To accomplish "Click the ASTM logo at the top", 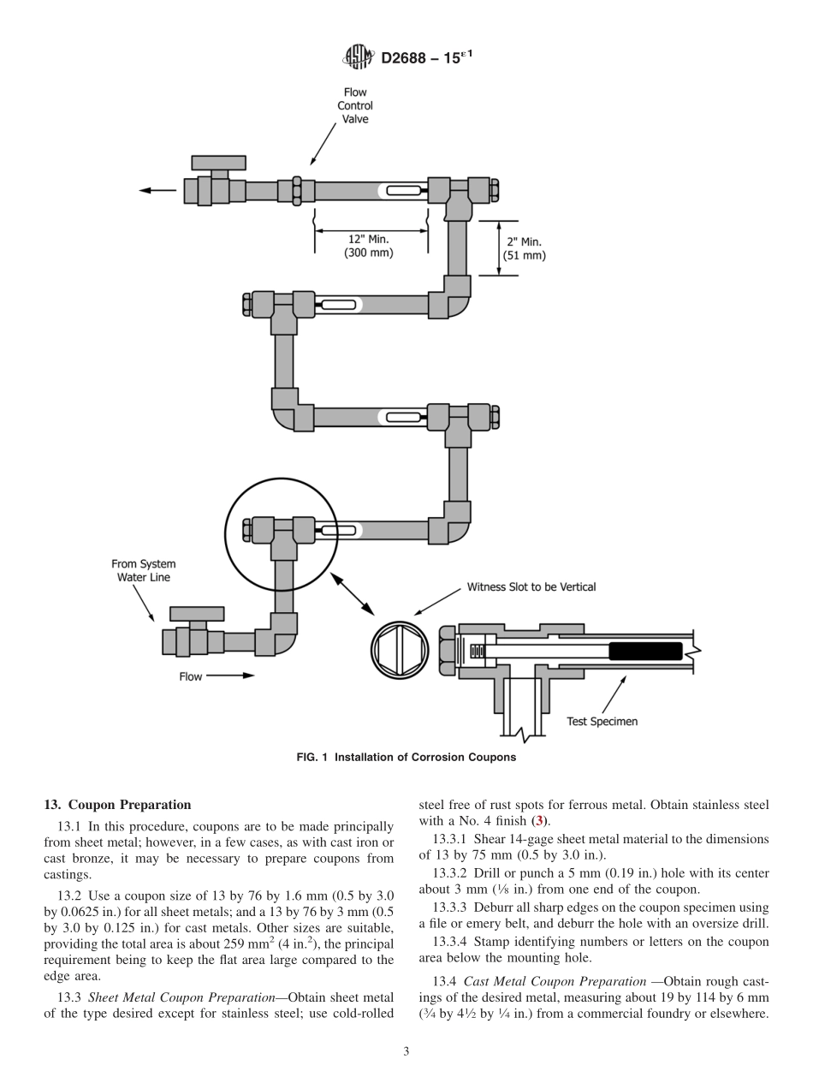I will tap(357, 57).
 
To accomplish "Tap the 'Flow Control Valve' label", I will tap(355, 105).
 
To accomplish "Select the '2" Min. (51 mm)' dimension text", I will tap(524, 248).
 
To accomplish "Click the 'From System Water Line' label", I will tap(144, 570).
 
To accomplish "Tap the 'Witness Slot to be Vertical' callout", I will tap(531, 587).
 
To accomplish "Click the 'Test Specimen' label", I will tap(602, 722).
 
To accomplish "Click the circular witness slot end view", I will tap(401, 648).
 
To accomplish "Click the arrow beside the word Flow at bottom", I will tap(231, 675).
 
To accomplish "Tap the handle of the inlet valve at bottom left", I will tap(197, 614).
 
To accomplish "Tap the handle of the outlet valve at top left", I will tap(218, 162).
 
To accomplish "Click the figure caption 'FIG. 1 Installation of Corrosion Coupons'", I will tap(406, 757).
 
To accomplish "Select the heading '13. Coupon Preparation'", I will tap(117, 805).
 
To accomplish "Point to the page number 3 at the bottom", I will tap(406, 1051).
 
